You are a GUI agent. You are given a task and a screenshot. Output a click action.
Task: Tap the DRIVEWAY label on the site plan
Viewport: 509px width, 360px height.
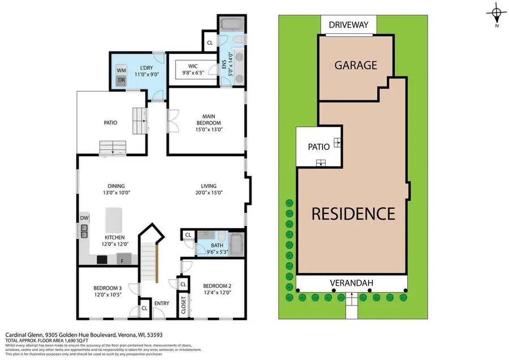tap(349, 25)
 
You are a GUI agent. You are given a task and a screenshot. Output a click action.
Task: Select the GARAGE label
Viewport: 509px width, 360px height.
tap(356, 65)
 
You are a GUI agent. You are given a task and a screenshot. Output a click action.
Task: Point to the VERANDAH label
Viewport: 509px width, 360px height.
tap(352, 282)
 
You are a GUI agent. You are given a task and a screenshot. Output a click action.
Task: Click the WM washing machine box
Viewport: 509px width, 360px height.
tap(121, 70)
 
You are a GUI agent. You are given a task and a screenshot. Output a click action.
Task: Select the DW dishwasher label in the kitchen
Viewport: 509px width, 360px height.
tap(84, 218)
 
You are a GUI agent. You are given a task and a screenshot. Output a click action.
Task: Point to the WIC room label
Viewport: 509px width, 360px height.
tap(193, 66)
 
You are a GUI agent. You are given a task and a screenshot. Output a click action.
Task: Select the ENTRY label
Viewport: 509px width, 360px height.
tap(161, 303)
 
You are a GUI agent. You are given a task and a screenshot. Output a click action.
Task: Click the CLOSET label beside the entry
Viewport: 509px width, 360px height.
tap(183, 305)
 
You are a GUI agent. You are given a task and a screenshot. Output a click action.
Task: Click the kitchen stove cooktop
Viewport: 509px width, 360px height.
tap(102, 260)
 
